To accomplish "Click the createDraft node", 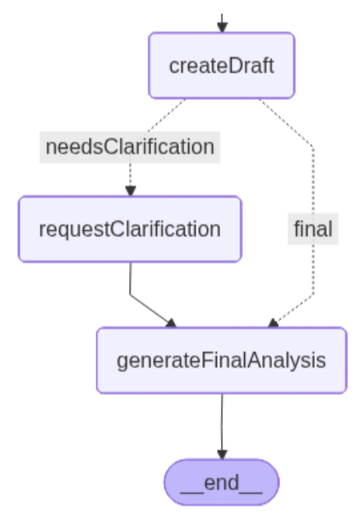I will [221, 66].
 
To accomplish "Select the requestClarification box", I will [130, 229].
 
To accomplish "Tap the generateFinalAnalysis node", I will [221, 360].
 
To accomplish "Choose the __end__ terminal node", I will [221, 482].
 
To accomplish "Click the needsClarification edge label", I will [130, 147].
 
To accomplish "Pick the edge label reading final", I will [313, 229].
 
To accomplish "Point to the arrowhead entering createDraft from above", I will [221, 27].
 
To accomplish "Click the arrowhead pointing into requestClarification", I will [130, 191].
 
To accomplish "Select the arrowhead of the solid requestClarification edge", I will [170, 322].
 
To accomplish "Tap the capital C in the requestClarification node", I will [115, 229].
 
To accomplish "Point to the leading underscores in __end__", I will [191, 489].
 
